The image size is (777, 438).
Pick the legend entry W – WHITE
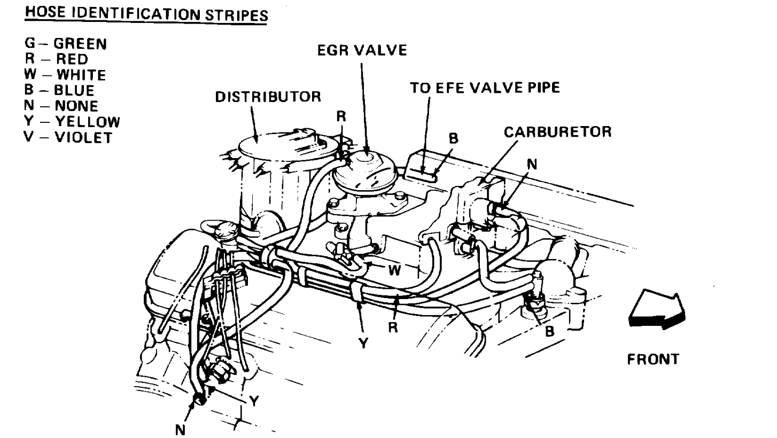pyautogui.click(x=66, y=74)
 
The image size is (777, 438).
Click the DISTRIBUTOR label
pyautogui.click(x=268, y=97)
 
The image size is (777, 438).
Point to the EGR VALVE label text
pyautogui.click(x=361, y=51)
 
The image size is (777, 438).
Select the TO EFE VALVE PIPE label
pyautogui.click(x=485, y=88)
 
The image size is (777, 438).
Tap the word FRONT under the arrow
pyautogui.click(x=653, y=359)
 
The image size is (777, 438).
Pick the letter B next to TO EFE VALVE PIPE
pyautogui.click(x=454, y=139)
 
